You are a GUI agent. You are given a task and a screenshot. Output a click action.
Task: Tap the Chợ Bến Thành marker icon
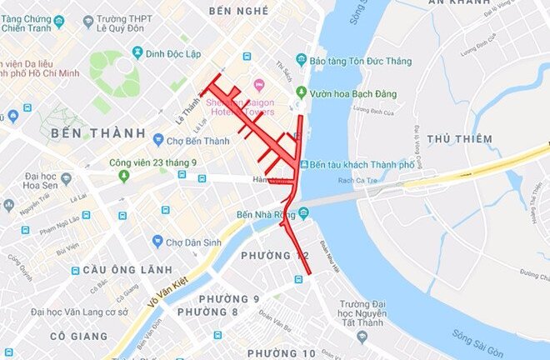tap(158, 140)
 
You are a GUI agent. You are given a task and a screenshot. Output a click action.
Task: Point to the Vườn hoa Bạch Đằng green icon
tap(301, 92)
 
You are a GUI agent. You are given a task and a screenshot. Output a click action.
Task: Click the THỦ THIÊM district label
tap(459, 139)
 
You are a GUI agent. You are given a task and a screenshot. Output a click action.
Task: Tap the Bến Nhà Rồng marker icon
tap(302, 214)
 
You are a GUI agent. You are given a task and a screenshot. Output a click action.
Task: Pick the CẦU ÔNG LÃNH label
tap(114, 270)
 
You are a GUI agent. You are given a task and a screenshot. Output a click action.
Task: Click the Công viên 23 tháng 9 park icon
tap(124, 176)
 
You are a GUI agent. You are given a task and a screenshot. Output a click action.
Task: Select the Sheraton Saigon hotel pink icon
tap(258, 84)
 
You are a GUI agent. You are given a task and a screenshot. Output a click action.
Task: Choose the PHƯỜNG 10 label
tap(281, 353)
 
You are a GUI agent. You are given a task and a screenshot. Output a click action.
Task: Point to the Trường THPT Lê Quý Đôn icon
tap(88, 21)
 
